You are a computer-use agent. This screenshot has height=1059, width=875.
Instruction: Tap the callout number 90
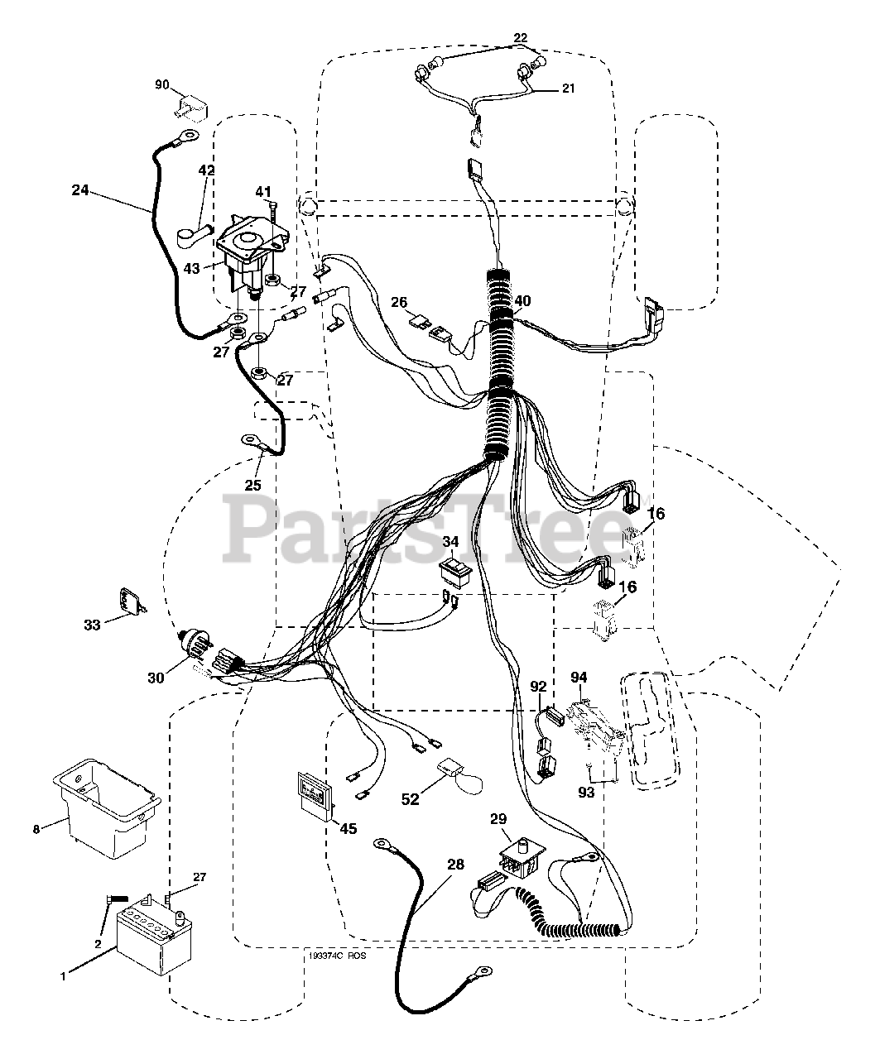point(162,85)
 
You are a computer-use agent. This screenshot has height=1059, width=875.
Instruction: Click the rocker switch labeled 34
point(454,571)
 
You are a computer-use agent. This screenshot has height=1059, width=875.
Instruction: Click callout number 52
point(411,799)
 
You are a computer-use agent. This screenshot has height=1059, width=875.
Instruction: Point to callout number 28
point(455,865)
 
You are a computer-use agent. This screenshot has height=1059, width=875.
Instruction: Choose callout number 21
point(567,89)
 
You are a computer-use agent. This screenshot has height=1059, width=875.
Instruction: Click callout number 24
point(79,189)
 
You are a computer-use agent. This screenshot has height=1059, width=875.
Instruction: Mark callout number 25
point(252,485)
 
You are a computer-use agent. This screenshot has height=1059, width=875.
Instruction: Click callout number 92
point(538,686)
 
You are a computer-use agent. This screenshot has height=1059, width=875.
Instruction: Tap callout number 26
point(399,303)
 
